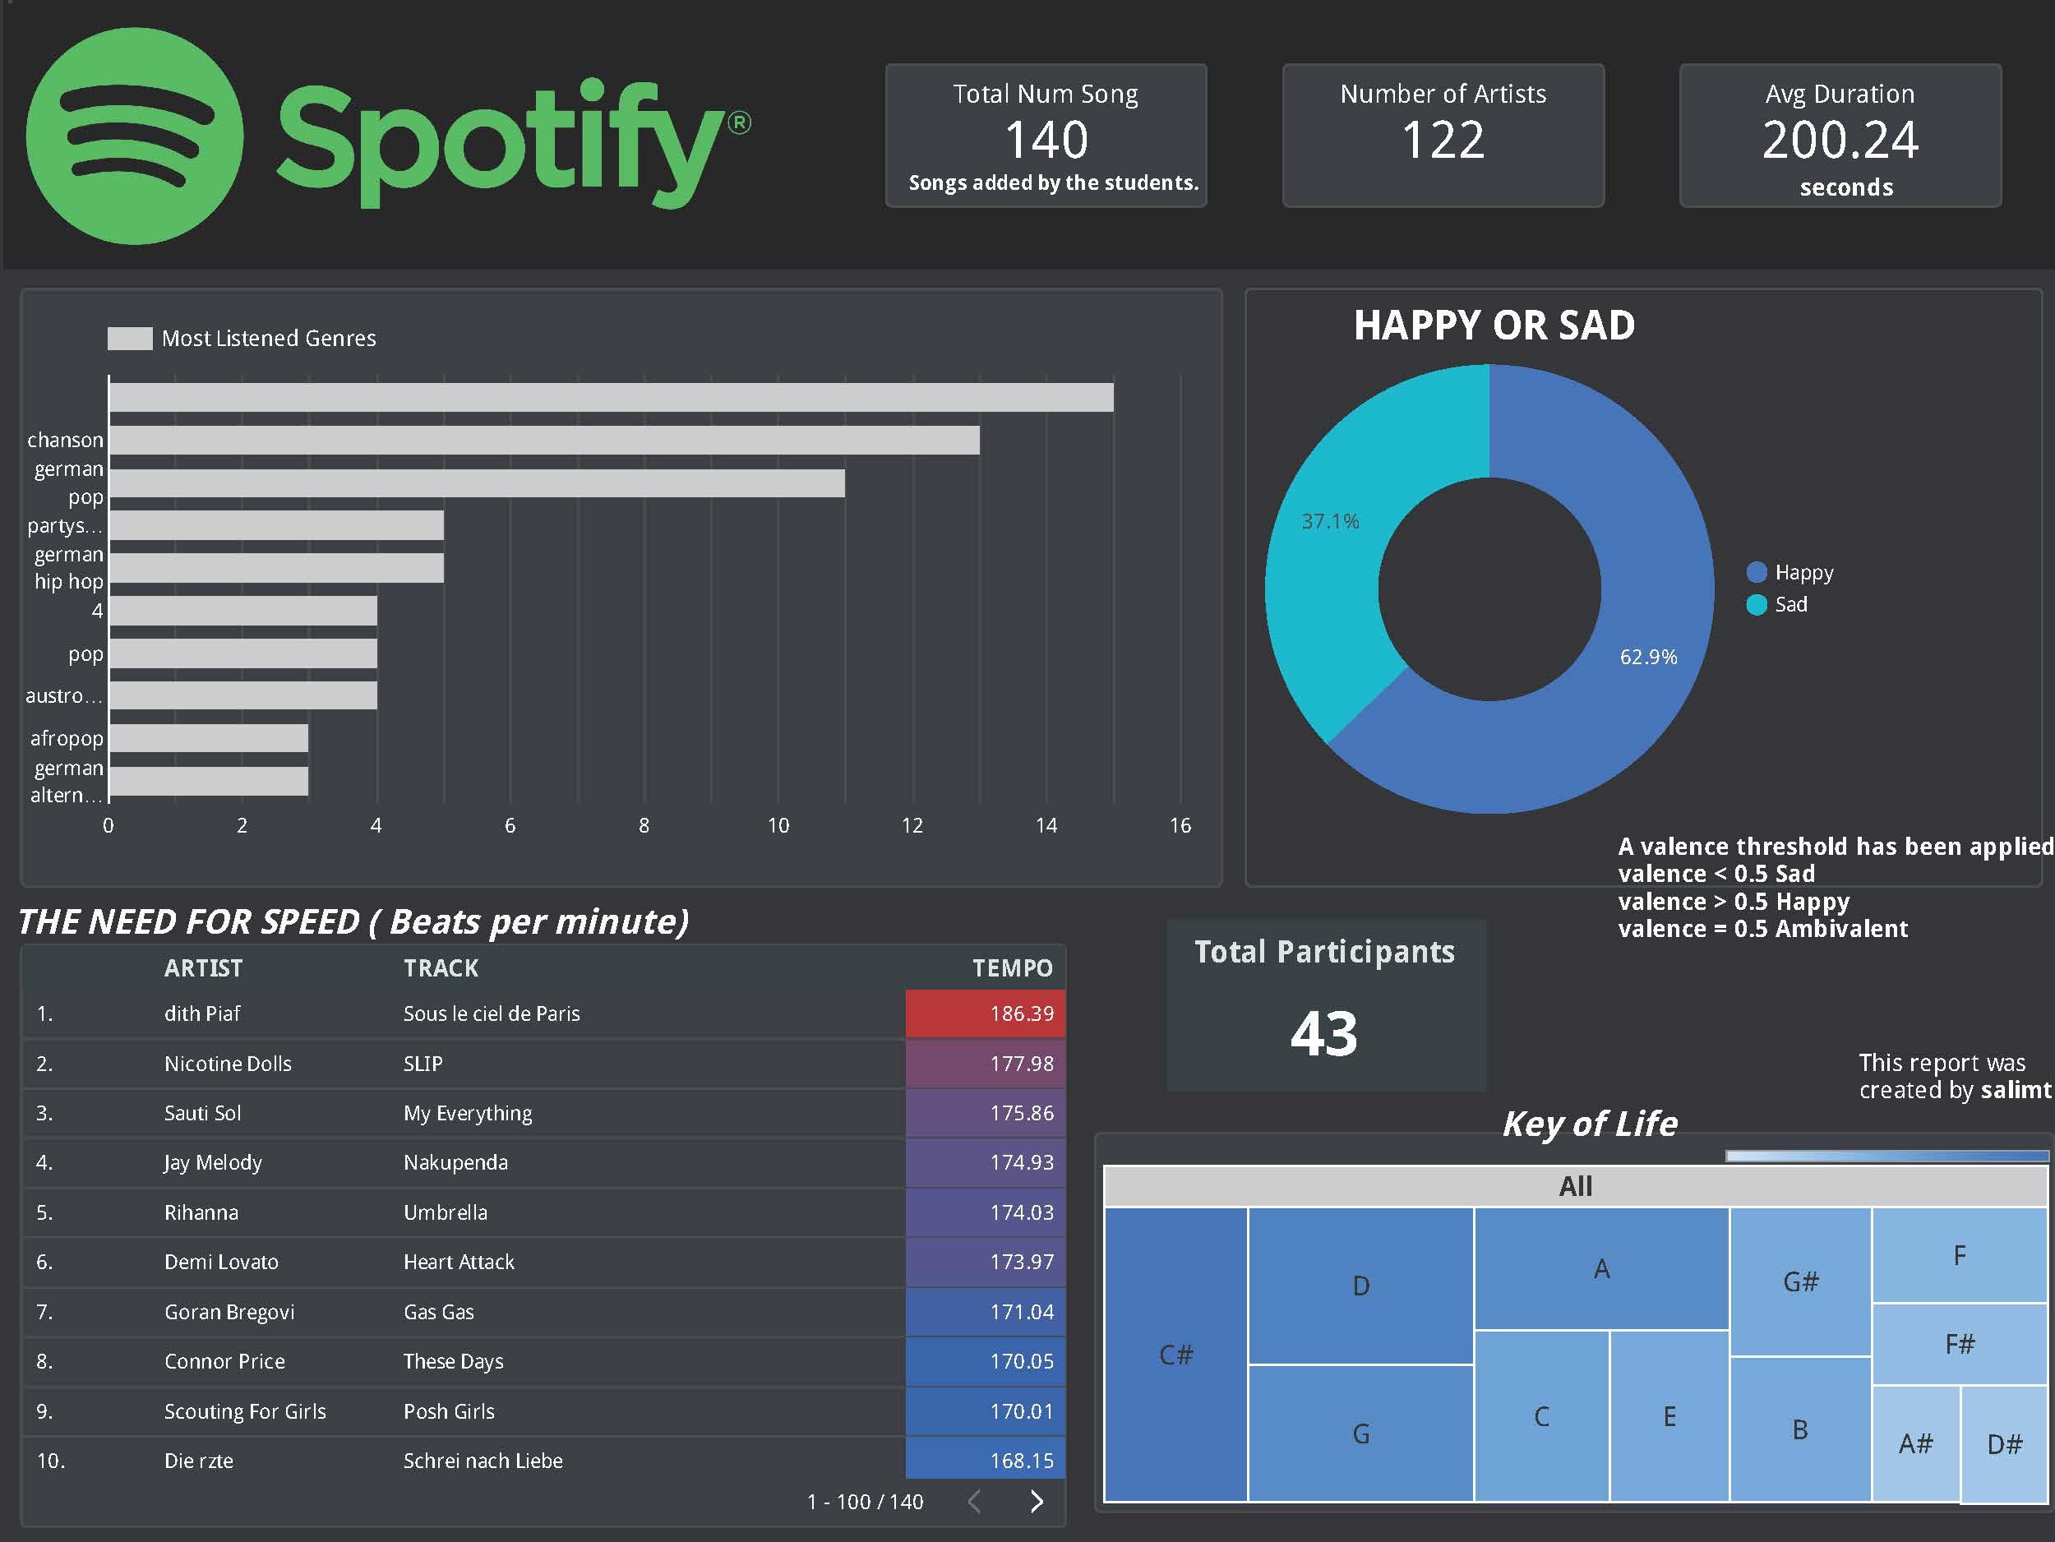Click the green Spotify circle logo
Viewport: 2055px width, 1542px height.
(x=135, y=136)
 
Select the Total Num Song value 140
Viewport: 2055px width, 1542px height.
(x=1046, y=141)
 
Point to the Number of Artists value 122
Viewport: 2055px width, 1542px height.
(x=1443, y=141)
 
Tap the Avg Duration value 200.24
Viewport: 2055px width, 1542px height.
(x=1840, y=141)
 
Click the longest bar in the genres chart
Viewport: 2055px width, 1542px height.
(x=611, y=398)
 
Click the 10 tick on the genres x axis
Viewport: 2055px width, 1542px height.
(x=778, y=825)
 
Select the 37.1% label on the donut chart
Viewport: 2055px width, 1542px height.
(x=1329, y=522)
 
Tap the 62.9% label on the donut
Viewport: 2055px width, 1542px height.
(x=1648, y=658)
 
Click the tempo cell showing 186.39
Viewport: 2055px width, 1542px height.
(x=986, y=1013)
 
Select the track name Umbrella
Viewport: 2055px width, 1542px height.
(x=445, y=1212)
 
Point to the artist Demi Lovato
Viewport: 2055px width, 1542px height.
(x=220, y=1262)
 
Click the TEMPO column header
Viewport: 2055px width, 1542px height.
(x=1012, y=968)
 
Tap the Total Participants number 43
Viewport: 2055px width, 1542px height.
(x=1324, y=1034)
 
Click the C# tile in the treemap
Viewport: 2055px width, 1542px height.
(x=1175, y=1355)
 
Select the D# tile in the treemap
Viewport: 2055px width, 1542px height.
(x=2004, y=1443)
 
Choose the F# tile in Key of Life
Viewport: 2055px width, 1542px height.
(x=1960, y=1343)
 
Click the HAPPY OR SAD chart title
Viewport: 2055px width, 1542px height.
(x=1494, y=325)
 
